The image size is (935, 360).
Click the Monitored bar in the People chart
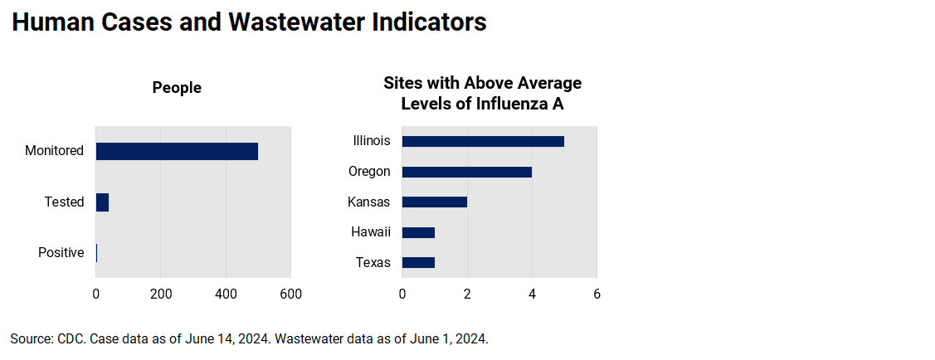(177, 151)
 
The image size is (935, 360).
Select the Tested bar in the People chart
(102, 202)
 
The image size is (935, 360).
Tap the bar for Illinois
(483, 141)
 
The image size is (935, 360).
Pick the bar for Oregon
(466, 172)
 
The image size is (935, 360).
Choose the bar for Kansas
(434, 202)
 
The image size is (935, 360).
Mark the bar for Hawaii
(418, 232)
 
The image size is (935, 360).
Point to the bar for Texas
(418, 263)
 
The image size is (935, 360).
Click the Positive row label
(61, 253)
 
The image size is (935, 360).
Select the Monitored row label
(54, 151)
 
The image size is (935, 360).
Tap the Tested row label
(64, 202)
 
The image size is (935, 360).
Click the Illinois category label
(371, 141)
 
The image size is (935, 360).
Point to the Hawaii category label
(370, 232)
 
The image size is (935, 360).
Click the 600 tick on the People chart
(290, 294)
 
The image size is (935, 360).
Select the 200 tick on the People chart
(161, 294)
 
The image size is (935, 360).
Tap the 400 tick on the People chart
(226, 294)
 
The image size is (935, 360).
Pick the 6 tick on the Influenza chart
(597, 294)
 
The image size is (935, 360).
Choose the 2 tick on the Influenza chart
(467, 294)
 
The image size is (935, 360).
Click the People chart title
(177, 88)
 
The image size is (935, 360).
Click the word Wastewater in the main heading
(295, 23)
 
